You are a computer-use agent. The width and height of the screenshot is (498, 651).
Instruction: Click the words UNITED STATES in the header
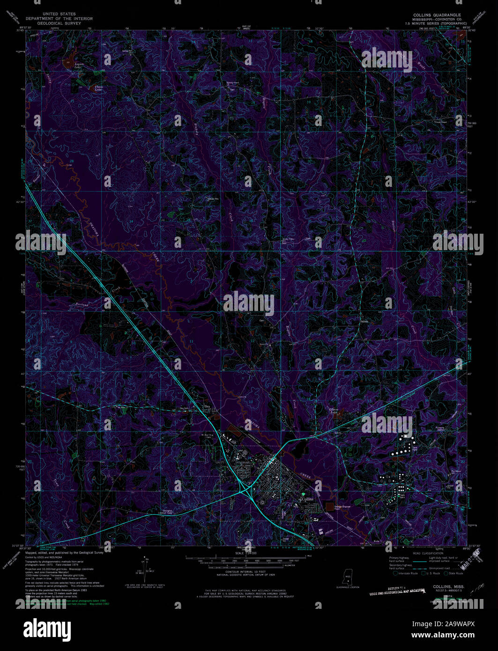coord(59,15)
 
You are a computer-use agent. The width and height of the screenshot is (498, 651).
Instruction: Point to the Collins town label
coord(307,499)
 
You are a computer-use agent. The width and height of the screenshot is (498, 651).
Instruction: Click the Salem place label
coord(364,322)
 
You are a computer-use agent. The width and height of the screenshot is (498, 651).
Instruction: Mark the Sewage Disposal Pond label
coord(343,507)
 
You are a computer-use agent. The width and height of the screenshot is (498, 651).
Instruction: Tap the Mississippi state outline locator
coord(348,577)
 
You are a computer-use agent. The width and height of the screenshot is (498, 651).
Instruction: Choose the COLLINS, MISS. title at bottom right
coord(449,586)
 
